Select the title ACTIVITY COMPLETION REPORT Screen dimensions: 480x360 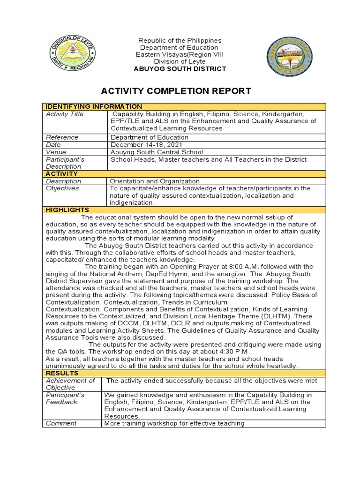[x=183, y=91]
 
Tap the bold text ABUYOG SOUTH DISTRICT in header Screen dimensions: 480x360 [x=180, y=69]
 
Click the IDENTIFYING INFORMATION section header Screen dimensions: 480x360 [x=93, y=106]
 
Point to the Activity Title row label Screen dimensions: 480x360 [x=63, y=114]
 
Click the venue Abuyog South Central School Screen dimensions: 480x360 [x=157, y=152]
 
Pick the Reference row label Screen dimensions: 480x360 [x=62, y=137]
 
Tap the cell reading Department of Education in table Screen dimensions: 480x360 [x=149, y=137]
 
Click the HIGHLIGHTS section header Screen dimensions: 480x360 [x=67, y=210]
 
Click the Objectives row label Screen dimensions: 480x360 [x=62, y=188]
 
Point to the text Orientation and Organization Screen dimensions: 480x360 [x=155, y=181]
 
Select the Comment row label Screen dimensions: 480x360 [x=60, y=423]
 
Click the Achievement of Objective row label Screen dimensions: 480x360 [x=70, y=384]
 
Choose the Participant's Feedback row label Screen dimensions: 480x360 [x=66, y=398]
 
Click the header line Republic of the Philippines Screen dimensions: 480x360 [x=180, y=41]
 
